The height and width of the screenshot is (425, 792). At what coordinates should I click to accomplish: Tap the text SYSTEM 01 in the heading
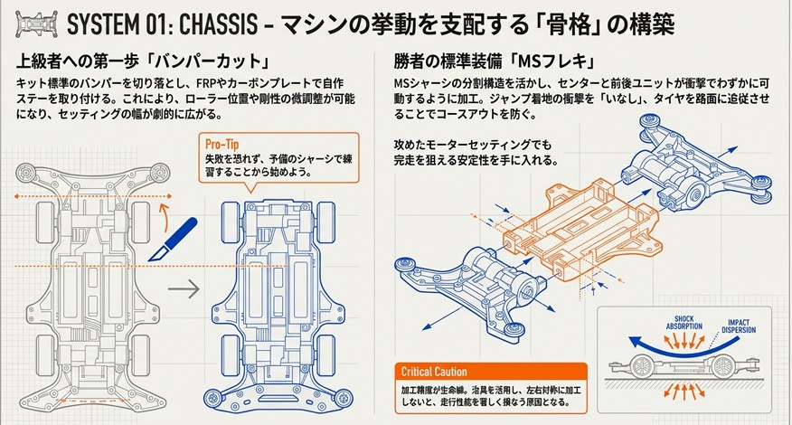(x=117, y=23)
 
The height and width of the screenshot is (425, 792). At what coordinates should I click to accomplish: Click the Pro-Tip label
(x=224, y=143)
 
